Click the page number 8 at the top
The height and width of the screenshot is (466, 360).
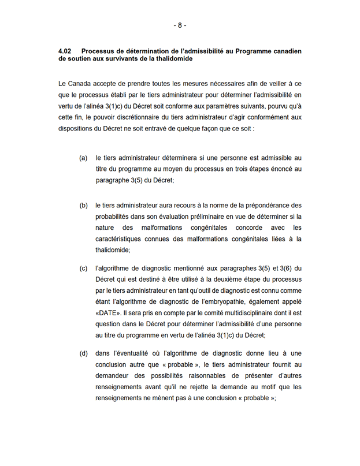click(x=180, y=25)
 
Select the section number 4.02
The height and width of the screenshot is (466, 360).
click(x=66, y=51)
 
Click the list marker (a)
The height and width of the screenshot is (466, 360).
click(x=83, y=158)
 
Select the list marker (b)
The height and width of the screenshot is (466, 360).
click(x=83, y=205)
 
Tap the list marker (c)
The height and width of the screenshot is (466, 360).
click(x=83, y=269)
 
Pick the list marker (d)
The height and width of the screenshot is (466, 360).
click(x=83, y=353)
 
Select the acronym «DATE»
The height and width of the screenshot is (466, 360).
click(x=108, y=312)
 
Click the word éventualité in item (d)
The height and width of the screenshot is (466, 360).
click(x=137, y=353)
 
